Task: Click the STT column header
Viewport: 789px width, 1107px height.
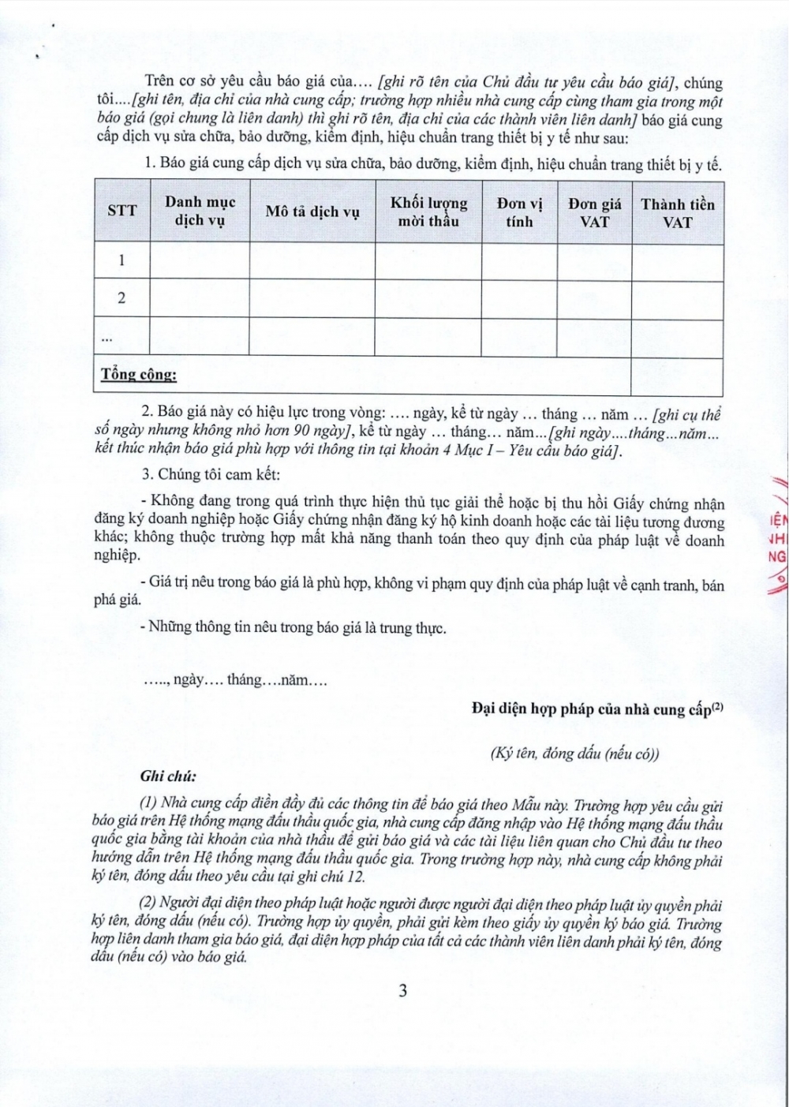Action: point(122,211)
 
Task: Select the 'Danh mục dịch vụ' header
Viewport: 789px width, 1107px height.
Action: point(200,211)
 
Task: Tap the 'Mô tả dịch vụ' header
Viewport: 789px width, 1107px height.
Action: point(312,211)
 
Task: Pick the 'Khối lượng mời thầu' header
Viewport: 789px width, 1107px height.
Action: point(428,211)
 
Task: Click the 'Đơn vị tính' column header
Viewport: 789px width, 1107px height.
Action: point(519,211)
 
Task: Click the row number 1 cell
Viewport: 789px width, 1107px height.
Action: point(122,260)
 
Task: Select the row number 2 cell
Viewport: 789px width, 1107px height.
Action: point(122,298)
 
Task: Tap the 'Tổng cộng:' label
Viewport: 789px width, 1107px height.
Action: point(139,374)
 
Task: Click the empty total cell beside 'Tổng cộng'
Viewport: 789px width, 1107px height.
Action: point(677,376)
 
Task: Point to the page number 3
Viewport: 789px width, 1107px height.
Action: point(403,991)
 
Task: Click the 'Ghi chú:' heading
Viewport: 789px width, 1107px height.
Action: point(168,775)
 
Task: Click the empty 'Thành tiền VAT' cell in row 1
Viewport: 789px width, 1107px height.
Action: point(677,261)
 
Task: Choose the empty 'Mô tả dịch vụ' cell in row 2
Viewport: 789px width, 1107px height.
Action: point(312,299)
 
